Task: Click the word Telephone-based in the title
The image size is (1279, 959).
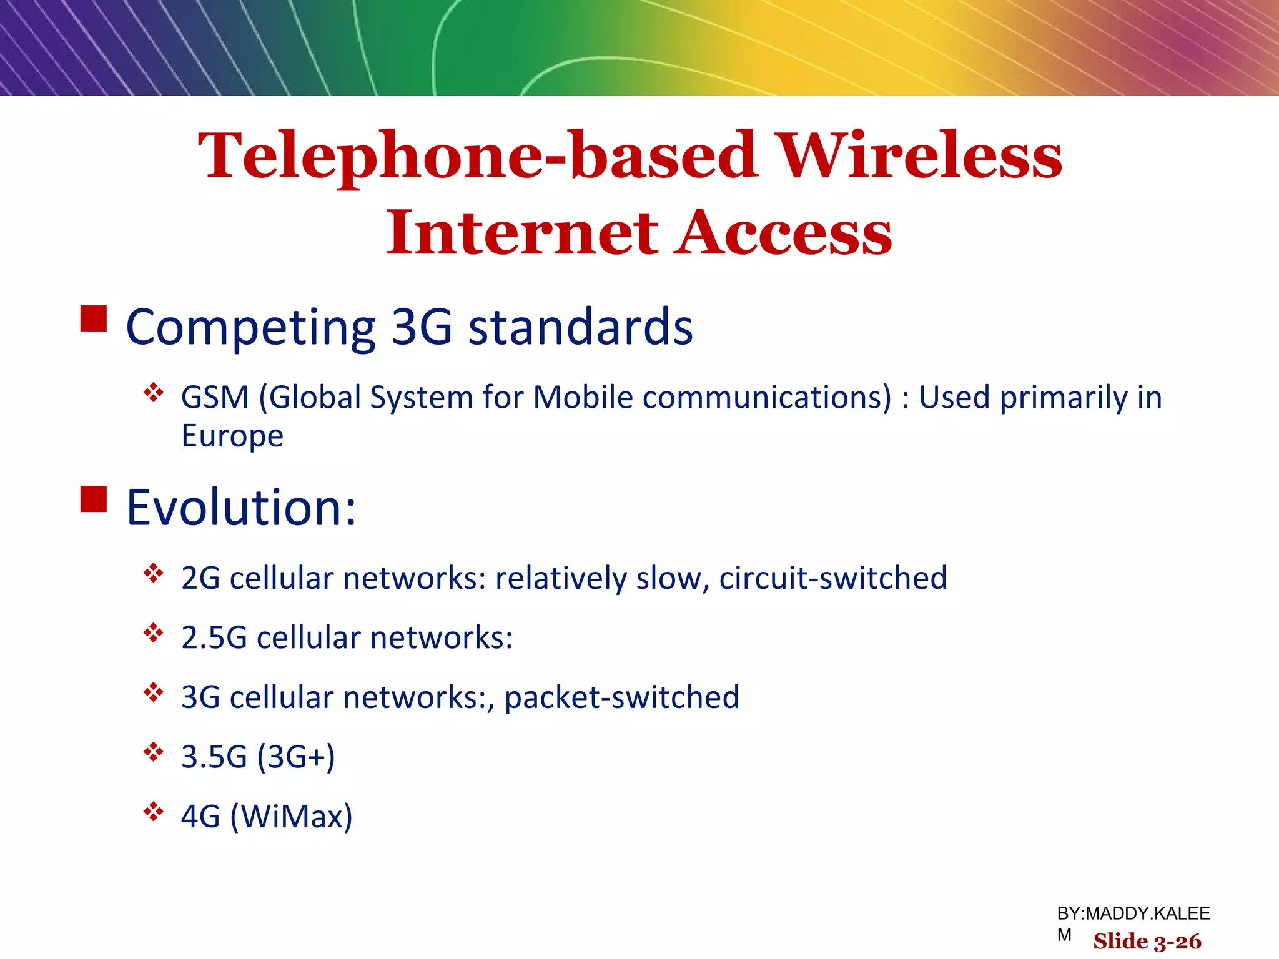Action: pos(478,156)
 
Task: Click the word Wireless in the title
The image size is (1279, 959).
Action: pos(921,156)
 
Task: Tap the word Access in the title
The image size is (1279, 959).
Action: pos(784,233)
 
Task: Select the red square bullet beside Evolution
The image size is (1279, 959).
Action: pos(94,499)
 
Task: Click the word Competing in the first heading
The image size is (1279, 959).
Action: pos(250,327)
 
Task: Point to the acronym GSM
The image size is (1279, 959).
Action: pos(215,397)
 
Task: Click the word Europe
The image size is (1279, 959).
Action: pos(232,435)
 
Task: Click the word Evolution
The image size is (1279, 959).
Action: pos(240,507)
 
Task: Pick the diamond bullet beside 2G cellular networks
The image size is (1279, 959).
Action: pos(153,573)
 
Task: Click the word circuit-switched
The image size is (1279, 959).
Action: pos(832,578)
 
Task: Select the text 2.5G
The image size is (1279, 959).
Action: pos(214,637)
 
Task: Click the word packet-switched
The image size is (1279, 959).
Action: pos(621,697)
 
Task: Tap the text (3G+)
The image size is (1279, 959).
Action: pos(296,757)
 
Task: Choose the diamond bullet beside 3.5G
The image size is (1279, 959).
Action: pos(153,752)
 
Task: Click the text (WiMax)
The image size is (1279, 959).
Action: pos(291,816)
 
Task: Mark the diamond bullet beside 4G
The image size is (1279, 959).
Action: pos(153,812)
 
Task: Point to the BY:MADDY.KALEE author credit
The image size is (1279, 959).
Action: pos(1133,913)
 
